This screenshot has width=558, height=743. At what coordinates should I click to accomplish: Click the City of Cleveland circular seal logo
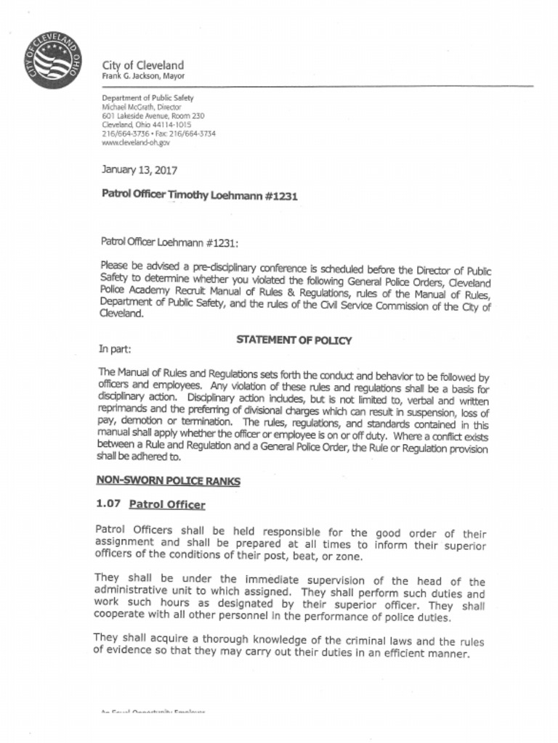(x=52, y=61)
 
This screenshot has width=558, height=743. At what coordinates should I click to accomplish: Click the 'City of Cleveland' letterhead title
(x=142, y=65)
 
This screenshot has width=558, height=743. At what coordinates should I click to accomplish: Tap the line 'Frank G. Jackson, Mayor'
(x=143, y=76)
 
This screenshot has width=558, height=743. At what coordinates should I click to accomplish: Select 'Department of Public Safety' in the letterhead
(x=147, y=97)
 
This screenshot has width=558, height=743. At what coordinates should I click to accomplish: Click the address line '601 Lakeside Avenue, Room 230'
(x=153, y=116)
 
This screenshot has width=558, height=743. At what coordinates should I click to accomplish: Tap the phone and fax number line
(x=158, y=134)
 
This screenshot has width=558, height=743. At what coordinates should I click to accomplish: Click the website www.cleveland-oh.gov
(x=136, y=143)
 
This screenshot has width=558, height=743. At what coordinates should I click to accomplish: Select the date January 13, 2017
(x=138, y=171)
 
